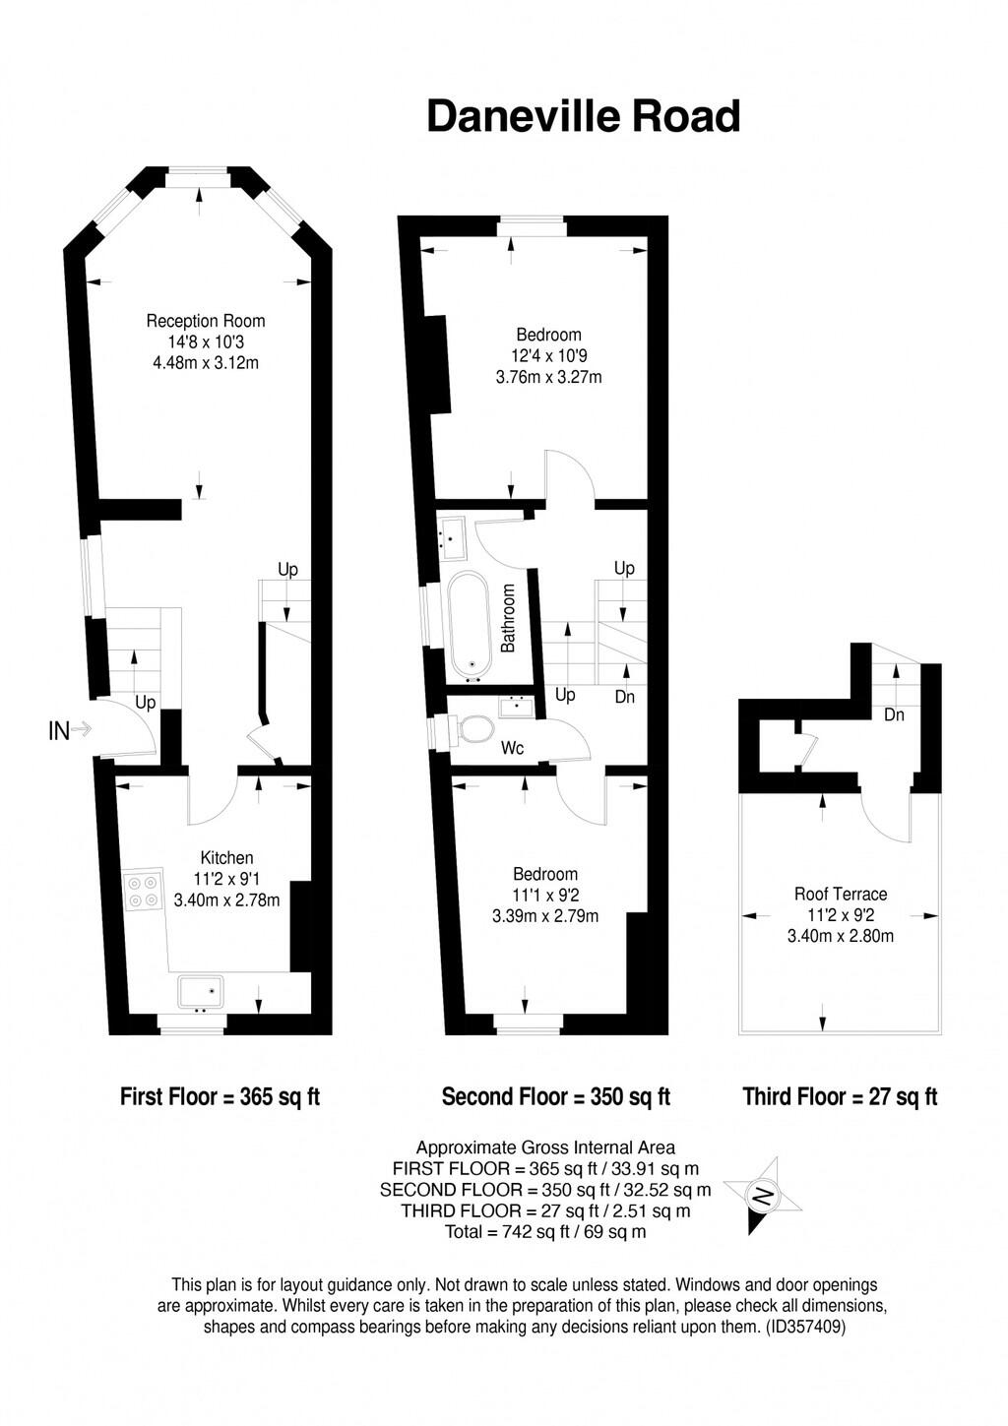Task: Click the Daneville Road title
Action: point(583,116)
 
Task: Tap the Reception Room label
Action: point(206,321)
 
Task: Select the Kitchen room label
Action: point(226,858)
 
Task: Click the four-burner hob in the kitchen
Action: point(144,891)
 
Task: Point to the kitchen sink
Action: point(201,991)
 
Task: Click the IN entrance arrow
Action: point(70,730)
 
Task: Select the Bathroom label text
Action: point(509,618)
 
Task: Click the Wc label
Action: point(513,749)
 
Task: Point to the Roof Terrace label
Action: point(841,894)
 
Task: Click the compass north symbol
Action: point(764,1196)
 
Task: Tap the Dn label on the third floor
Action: point(894,715)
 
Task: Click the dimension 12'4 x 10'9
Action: point(548,355)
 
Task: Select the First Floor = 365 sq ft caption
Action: point(220,1096)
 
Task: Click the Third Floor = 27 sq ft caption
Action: point(840,1096)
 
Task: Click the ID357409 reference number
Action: point(805,1327)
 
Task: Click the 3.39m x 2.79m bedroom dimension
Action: point(545,916)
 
